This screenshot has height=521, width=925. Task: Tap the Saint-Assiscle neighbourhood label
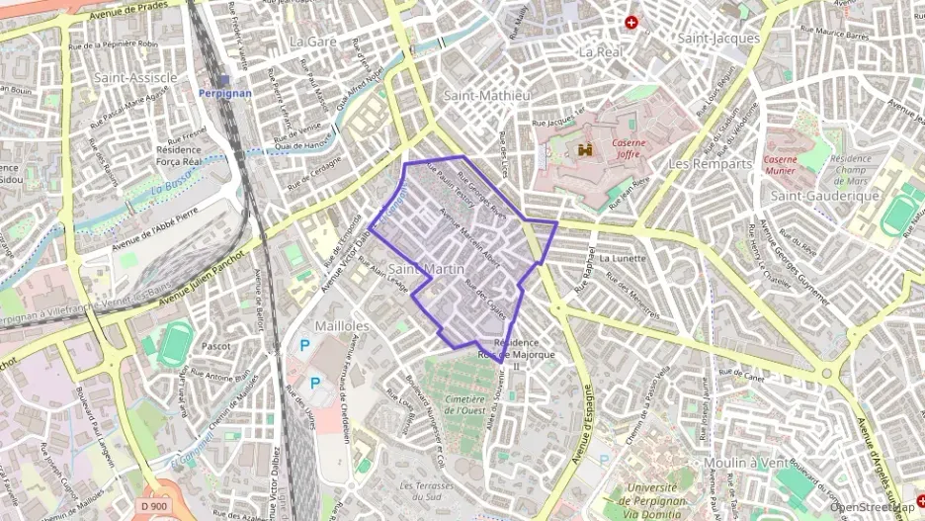(135, 77)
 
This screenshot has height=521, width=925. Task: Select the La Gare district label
(312, 42)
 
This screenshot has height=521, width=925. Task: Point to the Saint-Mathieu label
(487, 96)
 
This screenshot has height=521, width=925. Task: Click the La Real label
(600, 51)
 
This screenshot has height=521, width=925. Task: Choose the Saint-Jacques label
(718, 39)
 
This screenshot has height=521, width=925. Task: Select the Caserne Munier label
(781, 164)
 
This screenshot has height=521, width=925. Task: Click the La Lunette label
(623, 259)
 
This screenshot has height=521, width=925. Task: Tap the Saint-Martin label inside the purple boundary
(426, 269)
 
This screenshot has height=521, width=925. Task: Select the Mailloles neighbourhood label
(341, 325)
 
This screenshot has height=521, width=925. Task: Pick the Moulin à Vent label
(745, 463)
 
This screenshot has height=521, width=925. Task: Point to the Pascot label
(215, 347)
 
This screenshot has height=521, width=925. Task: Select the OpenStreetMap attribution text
(873, 508)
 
